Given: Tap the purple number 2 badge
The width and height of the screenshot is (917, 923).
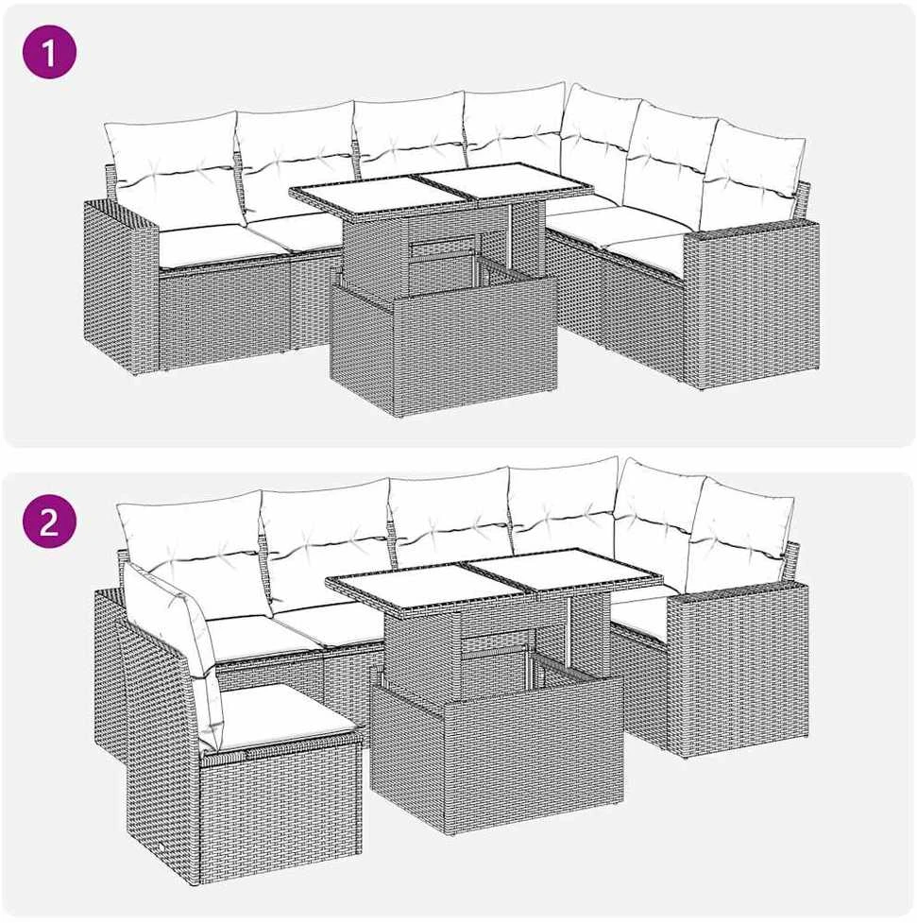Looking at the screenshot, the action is tap(49, 521).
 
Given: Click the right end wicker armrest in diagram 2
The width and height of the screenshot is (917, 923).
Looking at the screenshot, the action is tap(739, 668).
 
